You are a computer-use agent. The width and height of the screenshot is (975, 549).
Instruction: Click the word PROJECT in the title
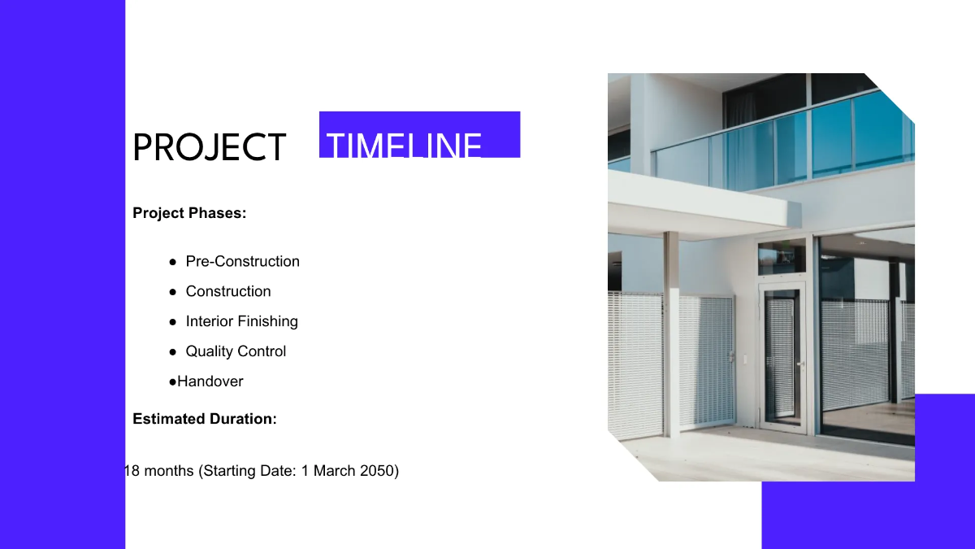point(209,148)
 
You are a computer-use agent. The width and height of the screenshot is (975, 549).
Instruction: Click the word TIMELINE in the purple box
point(404,145)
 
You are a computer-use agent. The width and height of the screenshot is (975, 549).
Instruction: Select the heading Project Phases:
point(189,213)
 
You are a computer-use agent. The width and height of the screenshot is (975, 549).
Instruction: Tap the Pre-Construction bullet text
point(242,261)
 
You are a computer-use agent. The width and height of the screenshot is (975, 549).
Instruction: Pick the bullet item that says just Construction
point(228,291)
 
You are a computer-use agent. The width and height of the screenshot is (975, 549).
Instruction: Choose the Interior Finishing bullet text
point(241,321)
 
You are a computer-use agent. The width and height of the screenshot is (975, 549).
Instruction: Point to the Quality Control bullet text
point(236,351)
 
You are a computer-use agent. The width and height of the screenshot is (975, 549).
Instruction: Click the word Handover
point(210,381)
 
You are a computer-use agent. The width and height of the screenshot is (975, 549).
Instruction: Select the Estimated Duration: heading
point(205,419)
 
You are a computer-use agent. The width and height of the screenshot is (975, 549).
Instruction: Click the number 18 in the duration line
point(132,471)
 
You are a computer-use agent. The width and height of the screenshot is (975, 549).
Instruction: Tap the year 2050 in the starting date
point(375,471)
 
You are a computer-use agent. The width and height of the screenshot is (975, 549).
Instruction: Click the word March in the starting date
point(333,471)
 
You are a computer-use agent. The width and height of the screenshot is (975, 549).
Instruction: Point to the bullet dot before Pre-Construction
point(173,262)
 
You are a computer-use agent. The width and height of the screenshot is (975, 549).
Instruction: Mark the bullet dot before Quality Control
point(173,352)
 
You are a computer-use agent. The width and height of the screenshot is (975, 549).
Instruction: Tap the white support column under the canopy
point(671,333)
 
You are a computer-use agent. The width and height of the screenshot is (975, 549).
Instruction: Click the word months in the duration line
point(169,471)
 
